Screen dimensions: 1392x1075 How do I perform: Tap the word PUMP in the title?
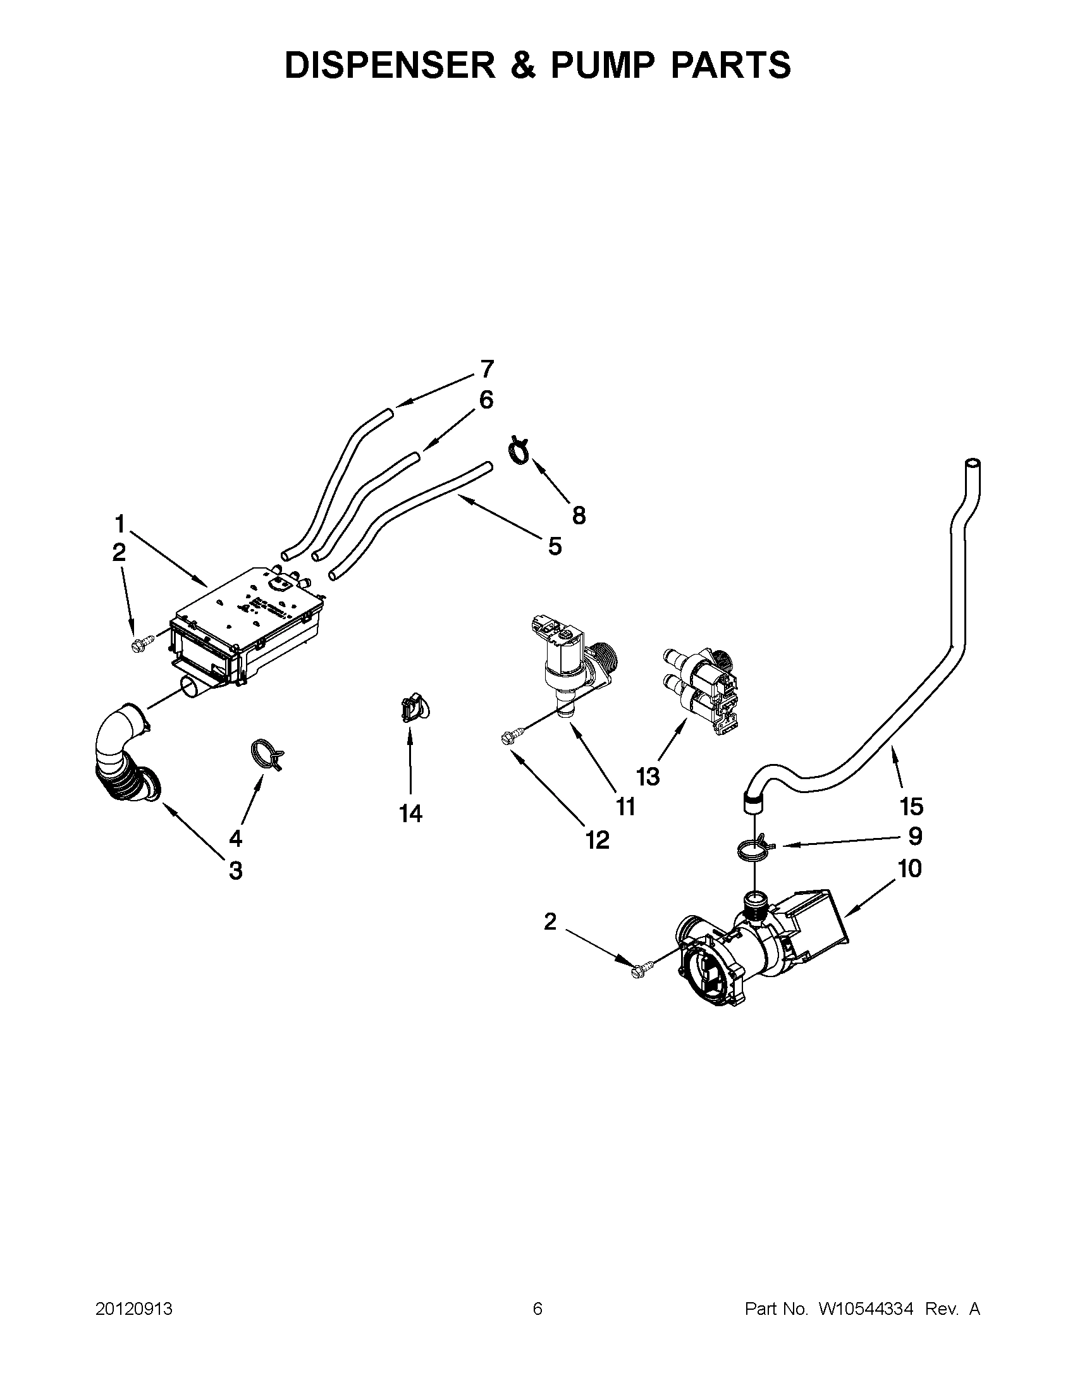click(596, 66)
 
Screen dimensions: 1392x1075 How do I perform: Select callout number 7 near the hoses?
click(486, 369)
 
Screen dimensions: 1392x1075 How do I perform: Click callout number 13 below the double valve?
click(648, 777)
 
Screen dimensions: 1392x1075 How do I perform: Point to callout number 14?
click(410, 814)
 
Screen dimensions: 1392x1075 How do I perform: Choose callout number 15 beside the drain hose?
click(911, 807)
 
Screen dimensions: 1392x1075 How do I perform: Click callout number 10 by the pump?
click(910, 869)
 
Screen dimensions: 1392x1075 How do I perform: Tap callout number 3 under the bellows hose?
click(235, 871)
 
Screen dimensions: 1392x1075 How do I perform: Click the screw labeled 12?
click(510, 737)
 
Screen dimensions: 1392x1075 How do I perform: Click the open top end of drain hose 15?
click(973, 463)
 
